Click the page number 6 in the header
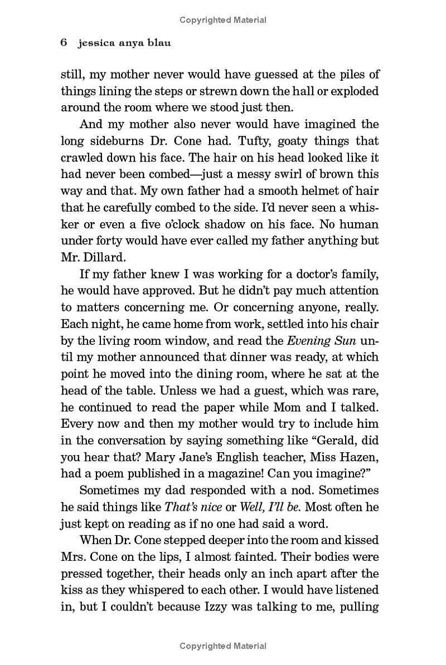click(x=64, y=43)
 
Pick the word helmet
click(x=314, y=190)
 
